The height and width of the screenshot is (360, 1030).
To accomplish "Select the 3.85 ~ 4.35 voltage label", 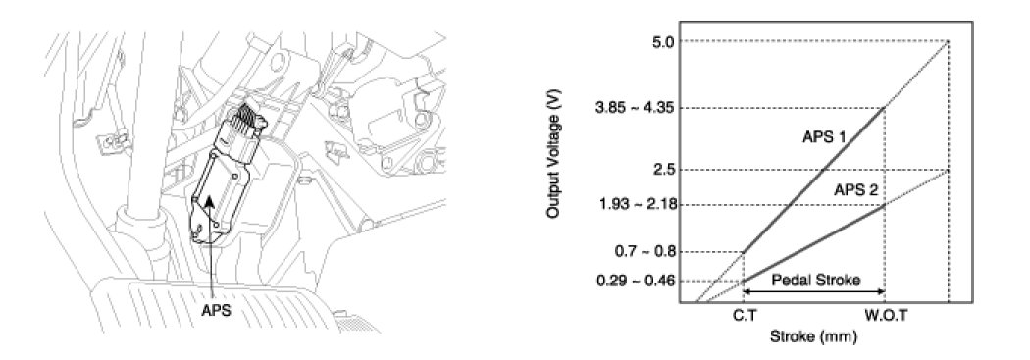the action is [639, 108].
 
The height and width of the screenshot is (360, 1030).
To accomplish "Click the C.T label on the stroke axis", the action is [744, 316].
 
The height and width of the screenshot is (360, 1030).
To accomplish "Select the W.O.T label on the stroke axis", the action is [886, 316].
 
